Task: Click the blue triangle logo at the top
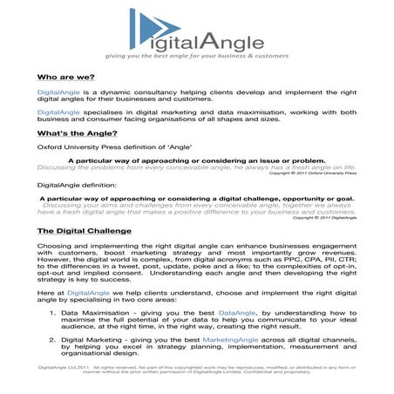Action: click(146, 31)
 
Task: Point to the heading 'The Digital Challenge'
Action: click(85, 231)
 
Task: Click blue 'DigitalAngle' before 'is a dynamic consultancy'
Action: click(58, 91)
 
